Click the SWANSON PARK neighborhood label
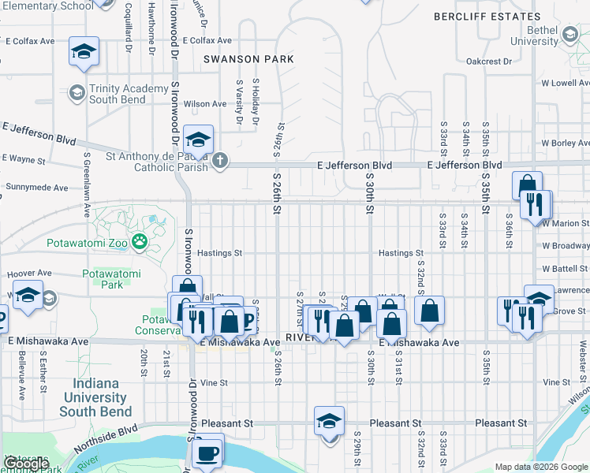[x=248, y=59]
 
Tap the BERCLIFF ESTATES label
[x=487, y=16]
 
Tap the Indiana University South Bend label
[x=95, y=398]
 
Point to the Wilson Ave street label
[x=205, y=104]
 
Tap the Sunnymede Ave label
[x=39, y=188]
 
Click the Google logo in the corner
[x=26, y=464]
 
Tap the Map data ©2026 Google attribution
[x=541, y=467]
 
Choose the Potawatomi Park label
[x=111, y=279]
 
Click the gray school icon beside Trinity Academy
[x=77, y=94]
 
